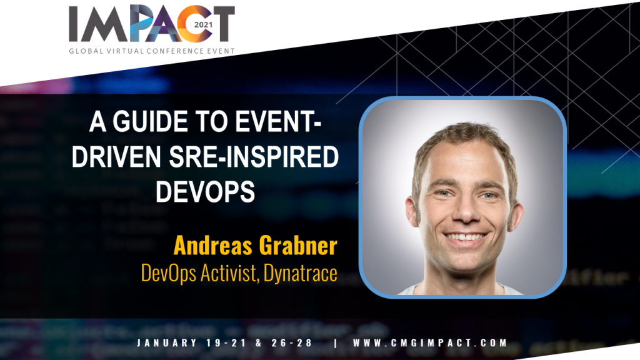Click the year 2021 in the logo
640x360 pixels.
coord(203,24)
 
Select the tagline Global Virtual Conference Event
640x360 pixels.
coord(152,51)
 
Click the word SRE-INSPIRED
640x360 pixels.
coord(254,157)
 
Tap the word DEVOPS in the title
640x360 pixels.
coord(205,191)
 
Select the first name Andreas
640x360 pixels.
coord(212,246)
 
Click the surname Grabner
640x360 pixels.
coord(298,246)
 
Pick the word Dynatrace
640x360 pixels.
coord(301,274)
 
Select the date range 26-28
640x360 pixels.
coord(292,343)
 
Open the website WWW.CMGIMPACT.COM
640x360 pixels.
coord(430,343)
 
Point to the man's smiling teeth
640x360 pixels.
coord(465,237)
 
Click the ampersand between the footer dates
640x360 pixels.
coord(259,343)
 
